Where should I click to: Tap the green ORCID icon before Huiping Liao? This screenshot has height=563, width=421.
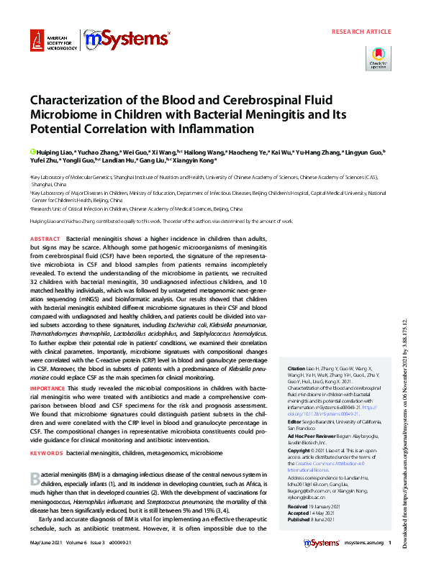[x=32, y=152]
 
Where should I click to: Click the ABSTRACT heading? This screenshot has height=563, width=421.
[x=45, y=238]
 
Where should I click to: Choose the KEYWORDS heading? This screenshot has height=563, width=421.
[x=47, y=454]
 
